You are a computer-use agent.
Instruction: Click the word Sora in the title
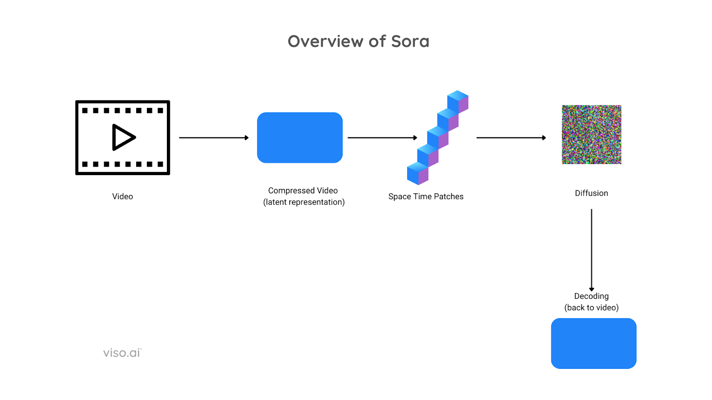click(x=410, y=42)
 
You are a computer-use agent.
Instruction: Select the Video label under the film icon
click(x=122, y=196)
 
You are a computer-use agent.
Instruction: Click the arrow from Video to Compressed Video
click(x=214, y=138)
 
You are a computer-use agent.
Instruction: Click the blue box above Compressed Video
click(x=300, y=137)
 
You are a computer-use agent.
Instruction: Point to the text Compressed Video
click(x=303, y=191)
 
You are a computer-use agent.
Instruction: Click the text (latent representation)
click(x=304, y=202)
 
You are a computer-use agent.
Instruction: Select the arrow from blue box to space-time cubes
click(x=382, y=138)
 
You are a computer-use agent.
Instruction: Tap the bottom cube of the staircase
click(x=418, y=173)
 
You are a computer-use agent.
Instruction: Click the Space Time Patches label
click(x=426, y=196)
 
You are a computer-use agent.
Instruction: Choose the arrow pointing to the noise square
click(x=511, y=138)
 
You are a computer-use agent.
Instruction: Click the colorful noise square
click(x=591, y=135)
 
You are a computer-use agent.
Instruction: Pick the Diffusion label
click(x=591, y=193)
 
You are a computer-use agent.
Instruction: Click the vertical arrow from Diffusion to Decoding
click(x=591, y=250)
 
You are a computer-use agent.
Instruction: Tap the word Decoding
click(x=591, y=296)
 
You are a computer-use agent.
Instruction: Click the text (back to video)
click(x=591, y=308)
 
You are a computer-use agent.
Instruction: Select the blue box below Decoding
click(x=594, y=344)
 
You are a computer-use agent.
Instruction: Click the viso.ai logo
click(x=122, y=353)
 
